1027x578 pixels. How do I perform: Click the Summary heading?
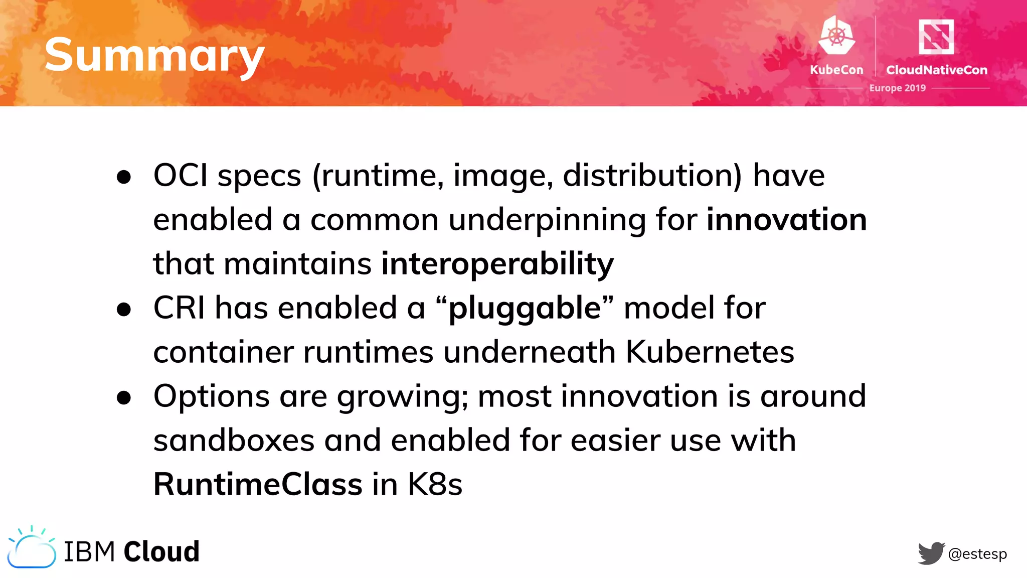tap(154, 55)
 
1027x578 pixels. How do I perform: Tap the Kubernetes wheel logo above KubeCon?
tap(836, 35)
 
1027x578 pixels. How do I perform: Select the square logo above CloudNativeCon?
tap(936, 37)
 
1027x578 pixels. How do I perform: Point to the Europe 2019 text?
tap(897, 88)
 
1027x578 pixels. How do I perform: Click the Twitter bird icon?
tap(931, 553)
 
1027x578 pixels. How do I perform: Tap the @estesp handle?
tap(977, 554)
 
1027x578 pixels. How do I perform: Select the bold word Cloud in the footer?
tap(161, 551)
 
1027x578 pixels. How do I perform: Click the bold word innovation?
tap(786, 220)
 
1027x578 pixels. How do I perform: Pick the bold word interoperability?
tap(497, 264)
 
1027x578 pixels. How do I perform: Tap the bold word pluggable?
tap(525, 308)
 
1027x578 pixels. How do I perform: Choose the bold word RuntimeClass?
tap(258, 485)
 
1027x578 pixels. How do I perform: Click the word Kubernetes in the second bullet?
tap(710, 352)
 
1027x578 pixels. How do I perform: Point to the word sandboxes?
tap(234, 441)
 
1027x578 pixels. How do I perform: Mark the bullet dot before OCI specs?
tap(123, 177)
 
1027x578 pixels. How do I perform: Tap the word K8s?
tap(435, 485)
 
